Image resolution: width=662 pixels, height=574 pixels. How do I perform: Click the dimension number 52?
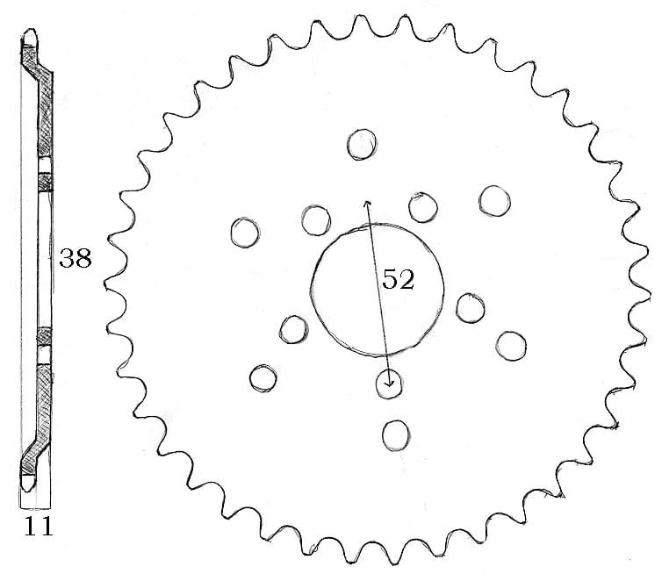pyautogui.click(x=398, y=280)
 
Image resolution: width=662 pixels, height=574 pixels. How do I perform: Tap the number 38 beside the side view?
pyautogui.click(x=75, y=259)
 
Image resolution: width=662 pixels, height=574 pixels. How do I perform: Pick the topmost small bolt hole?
pyautogui.click(x=361, y=145)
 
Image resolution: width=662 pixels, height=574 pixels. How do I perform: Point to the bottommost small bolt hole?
pyautogui.click(x=396, y=433)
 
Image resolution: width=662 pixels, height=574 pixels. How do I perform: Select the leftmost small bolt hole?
pyautogui.click(x=245, y=232)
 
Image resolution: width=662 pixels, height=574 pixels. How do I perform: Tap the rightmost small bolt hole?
pyautogui.click(x=510, y=344)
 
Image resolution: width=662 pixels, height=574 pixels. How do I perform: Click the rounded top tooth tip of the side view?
pyautogui.click(x=31, y=37)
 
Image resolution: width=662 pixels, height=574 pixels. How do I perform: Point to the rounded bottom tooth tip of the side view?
pyautogui.click(x=30, y=481)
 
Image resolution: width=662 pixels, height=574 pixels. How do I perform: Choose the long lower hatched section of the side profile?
pyautogui.click(x=41, y=404)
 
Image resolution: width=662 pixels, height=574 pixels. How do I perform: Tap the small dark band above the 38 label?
pyautogui.click(x=46, y=182)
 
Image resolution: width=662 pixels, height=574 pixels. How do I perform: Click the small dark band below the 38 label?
pyautogui.click(x=46, y=337)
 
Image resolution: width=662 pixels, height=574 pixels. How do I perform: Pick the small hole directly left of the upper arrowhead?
pyautogui.click(x=315, y=219)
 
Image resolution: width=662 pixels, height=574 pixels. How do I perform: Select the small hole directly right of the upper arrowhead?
pyautogui.click(x=423, y=206)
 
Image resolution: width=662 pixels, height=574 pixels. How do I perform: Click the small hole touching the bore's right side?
pyautogui.click(x=471, y=306)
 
